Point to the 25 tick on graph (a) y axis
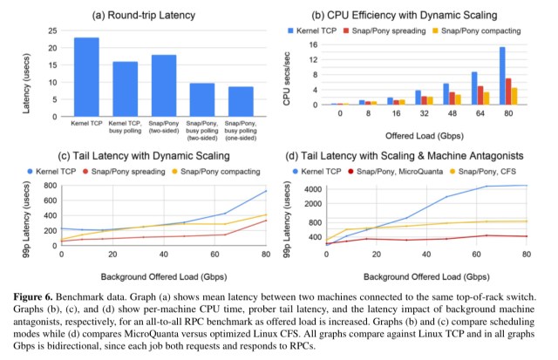(x=61, y=31)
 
